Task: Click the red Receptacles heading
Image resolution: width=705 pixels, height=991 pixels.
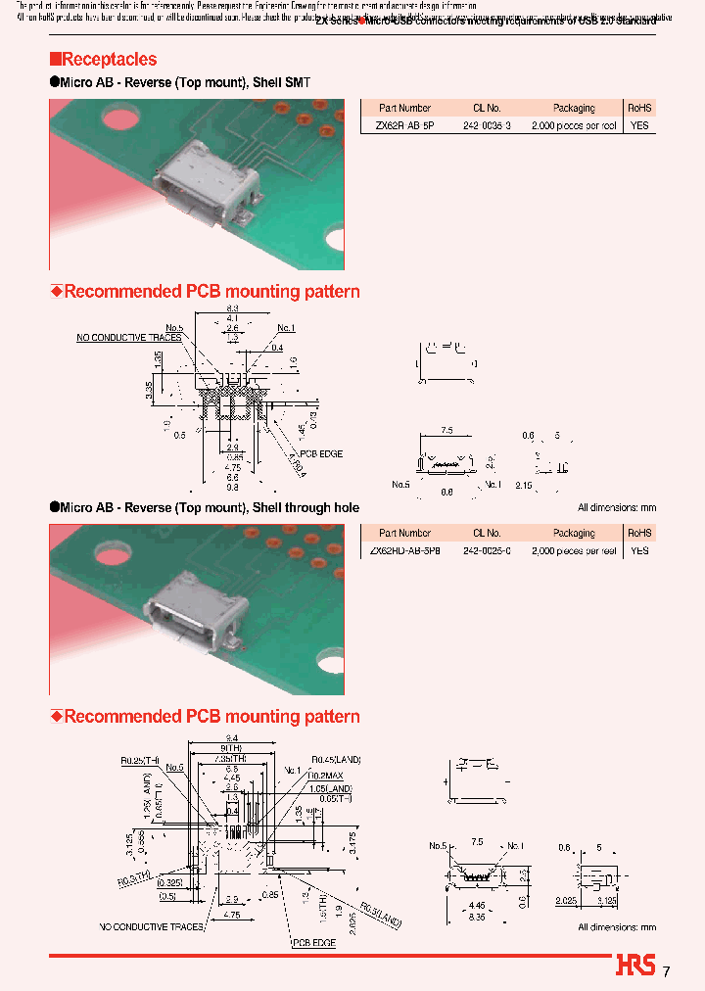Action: tap(103, 60)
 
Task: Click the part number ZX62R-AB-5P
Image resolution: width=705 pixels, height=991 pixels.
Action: tap(404, 126)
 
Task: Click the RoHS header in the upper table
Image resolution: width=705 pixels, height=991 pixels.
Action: tap(639, 109)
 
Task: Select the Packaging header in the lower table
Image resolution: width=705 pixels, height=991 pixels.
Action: tap(574, 534)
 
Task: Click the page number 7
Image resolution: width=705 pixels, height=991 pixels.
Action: tap(667, 971)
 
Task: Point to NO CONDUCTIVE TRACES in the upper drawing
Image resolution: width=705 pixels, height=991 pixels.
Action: tap(129, 338)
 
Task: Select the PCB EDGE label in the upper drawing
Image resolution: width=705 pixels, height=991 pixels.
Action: tap(321, 453)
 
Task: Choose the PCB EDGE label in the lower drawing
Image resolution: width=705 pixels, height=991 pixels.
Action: tap(313, 942)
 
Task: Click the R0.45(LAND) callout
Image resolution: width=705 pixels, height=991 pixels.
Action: tap(335, 759)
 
